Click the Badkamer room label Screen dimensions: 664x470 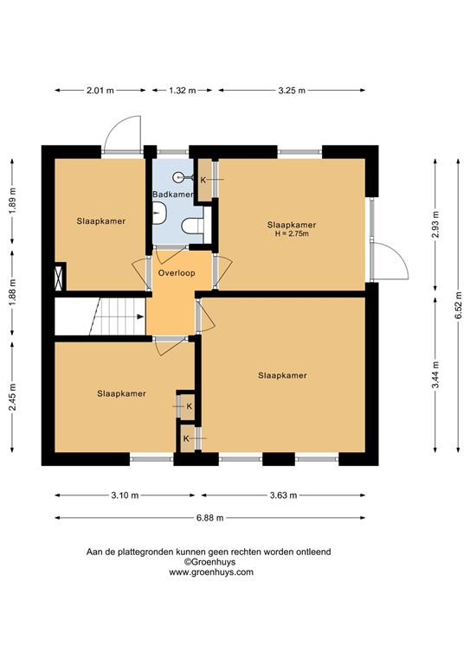[172, 195]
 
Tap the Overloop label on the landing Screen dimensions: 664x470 [177, 272]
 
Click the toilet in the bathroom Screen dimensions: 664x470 [193, 227]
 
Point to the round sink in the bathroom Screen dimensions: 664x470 [179, 177]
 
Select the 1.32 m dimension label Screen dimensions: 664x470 [181, 90]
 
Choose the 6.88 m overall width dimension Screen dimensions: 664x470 [209, 518]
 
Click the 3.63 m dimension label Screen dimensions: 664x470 [282, 495]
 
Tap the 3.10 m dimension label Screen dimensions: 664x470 [125, 495]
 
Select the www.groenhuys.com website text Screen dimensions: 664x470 [211, 572]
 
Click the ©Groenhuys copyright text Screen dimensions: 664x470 [211, 562]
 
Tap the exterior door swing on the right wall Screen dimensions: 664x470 [391, 260]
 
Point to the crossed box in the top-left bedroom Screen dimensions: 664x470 [60, 278]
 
